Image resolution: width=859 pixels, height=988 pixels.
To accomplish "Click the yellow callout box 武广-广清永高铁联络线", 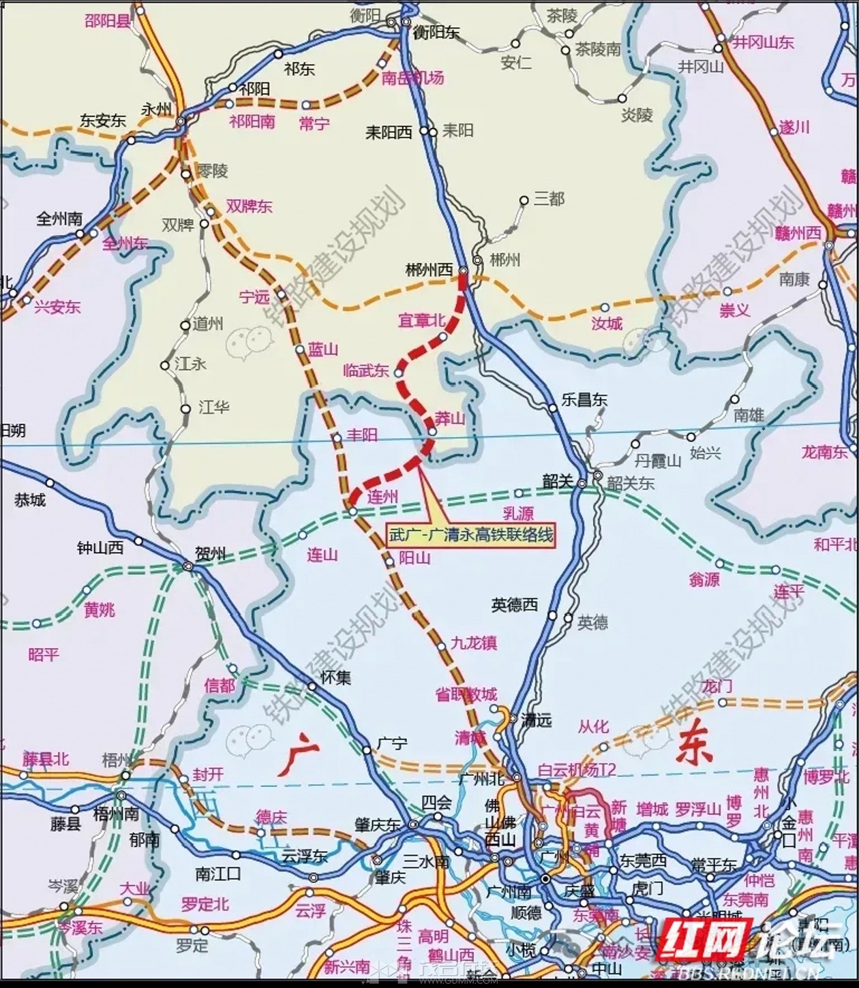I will (470, 535).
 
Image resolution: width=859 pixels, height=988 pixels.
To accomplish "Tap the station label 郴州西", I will (429, 271).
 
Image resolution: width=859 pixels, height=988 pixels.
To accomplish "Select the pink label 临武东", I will (366, 371).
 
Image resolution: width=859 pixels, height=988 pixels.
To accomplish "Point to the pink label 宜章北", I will (421, 320).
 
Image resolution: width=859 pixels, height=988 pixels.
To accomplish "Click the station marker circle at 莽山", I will (433, 431).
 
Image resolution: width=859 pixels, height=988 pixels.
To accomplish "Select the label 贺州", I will (210, 553).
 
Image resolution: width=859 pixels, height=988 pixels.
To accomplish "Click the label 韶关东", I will (631, 483).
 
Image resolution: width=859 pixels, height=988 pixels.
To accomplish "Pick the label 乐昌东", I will (584, 400).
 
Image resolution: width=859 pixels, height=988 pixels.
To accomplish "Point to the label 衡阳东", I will (437, 32).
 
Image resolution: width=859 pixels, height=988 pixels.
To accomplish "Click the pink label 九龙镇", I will (474, 643).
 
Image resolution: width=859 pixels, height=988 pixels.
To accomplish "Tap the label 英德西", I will (515, 604).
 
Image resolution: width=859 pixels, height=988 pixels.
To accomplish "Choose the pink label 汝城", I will (607, 323).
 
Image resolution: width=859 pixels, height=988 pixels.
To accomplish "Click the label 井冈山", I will (701, 66).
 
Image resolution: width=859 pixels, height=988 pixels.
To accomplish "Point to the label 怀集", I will (335, 677).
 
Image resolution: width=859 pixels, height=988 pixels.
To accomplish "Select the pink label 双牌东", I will (249, 206).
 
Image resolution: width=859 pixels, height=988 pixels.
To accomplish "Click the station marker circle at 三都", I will (524, 200).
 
